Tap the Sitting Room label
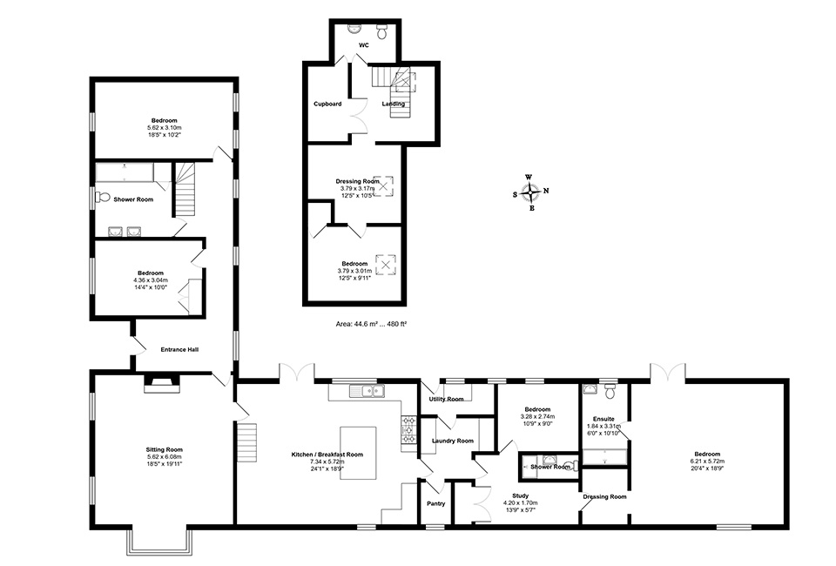click(x=164, y=449)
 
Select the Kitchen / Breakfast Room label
click(x=327, y=455)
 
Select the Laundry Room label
click(x=453, y=441)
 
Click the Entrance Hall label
click(x=180, y=349)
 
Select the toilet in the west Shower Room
click(x=100, y=197)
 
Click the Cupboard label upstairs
click(x=327, y=104)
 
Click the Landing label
click(x=393, y=104)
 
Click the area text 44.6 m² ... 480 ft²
click(x=372, y=323)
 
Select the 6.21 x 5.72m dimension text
click(x=706, y=462)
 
